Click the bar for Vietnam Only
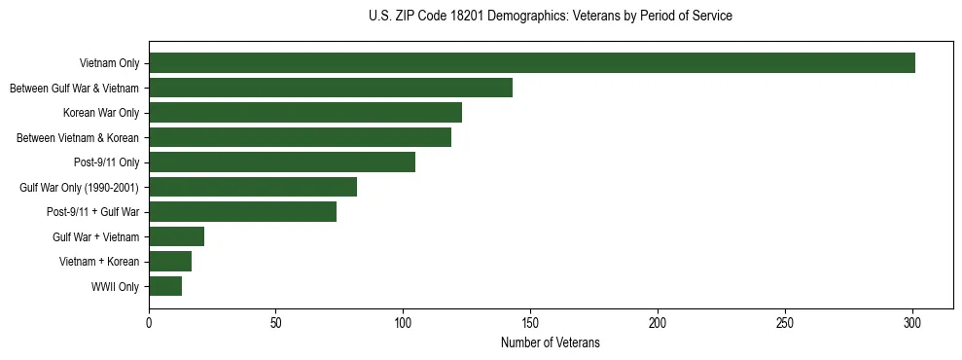[532, 63]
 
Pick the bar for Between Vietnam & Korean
[300, 137]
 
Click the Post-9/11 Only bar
[282, 162]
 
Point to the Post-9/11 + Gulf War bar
[242, 211]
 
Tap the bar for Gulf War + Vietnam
[176, 236]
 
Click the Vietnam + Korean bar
[170, 261]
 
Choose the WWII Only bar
[165, 286]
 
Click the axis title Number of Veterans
[550, 343]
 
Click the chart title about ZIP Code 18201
[551, 17]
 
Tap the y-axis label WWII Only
[115, 286]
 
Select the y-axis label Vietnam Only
[109, 63]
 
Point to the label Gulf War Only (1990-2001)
[79, 187]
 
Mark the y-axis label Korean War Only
[101, 113]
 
